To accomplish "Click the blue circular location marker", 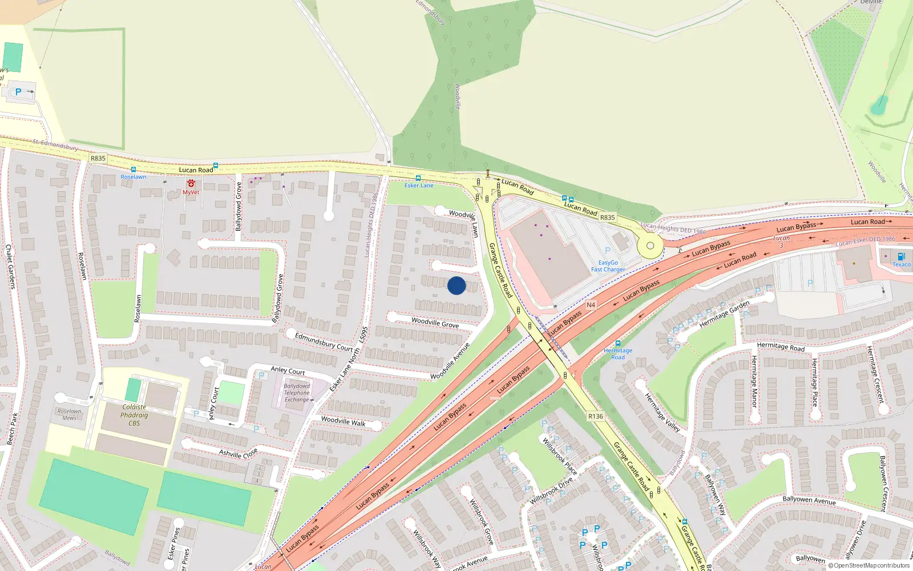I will (x=457, y=285).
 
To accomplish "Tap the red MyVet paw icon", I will (x=191, y=184).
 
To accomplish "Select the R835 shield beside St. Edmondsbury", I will (x=98, y=158).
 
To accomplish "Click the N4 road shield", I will (x=591, y=305).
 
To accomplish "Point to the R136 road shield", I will (x=596, y=416).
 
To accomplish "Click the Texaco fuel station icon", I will (x=901, y=256).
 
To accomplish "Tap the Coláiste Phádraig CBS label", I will (x=134, y=415).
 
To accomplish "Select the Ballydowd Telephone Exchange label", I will (x=297, y=393).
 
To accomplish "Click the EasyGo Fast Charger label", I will (x=608, y=266).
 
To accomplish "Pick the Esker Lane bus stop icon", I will (x=418, y=178).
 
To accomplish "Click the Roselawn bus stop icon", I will (x=133, y=170).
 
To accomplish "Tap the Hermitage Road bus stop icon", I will (x=617, y=343).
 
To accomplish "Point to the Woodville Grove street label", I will (x=435, y=323).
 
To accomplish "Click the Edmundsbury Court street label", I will (x=324, y=341).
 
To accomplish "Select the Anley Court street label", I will (x=288, y=371).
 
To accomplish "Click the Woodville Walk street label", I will (x=343, y=421).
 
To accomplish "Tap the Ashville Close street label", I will (x=239, y=453).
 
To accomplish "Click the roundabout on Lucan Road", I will (x=650, y=246).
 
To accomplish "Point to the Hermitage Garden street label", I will (x=724, y=314).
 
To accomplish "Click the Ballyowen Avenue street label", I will (x=809, y=500).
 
